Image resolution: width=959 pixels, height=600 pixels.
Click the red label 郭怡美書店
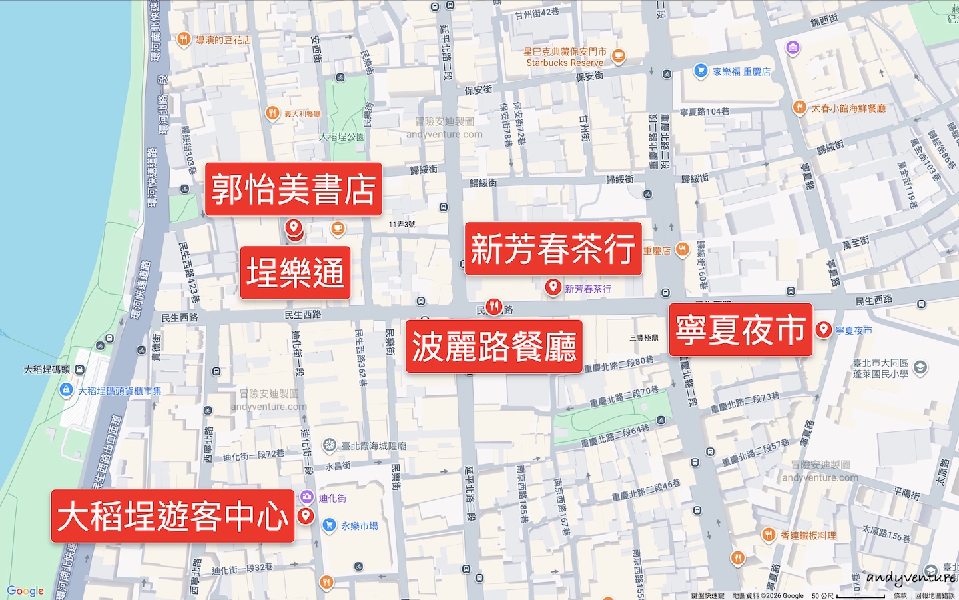click(293, 189)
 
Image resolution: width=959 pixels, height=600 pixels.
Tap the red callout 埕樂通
click(295, 273)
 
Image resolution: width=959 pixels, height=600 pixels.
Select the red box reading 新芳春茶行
click(553, 249)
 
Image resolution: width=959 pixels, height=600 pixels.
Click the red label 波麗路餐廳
click(493, 347)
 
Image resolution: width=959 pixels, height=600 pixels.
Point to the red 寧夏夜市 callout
click(741, 330)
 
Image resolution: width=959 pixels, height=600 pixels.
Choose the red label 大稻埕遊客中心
click(172, 516)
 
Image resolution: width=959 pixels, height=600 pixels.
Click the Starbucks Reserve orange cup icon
click(619, 56)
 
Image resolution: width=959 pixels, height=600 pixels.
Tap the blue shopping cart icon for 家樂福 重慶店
click(700, 71)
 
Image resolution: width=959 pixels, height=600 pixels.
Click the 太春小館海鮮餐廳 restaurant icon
click(799, 107)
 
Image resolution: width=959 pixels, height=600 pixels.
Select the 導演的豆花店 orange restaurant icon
click(184, 39)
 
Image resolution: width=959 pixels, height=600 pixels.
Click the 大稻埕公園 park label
click(342, 137)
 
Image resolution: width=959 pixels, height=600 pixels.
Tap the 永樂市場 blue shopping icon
click(329, 525)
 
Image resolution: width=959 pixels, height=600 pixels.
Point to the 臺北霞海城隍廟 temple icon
click(330, 445)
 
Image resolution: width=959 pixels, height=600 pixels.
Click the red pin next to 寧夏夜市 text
click(824, 329)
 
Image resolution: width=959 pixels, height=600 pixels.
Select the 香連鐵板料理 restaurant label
click(808, 535)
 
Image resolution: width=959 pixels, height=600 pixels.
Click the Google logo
click(25, 591)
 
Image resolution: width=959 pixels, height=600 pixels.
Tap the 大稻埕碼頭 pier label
click(47, 369)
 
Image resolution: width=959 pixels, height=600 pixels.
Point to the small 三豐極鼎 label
click(643, 338)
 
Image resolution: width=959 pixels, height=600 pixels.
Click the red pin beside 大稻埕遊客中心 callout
click(306, 515)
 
